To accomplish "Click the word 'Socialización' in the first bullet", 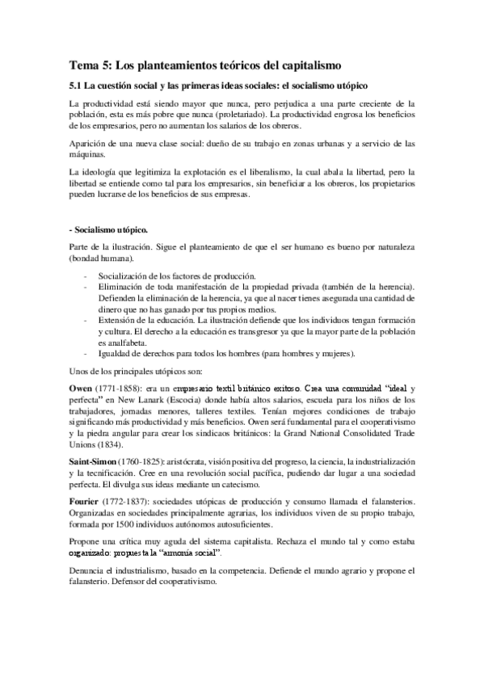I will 124,276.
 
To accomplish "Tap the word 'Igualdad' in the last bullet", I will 116,353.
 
